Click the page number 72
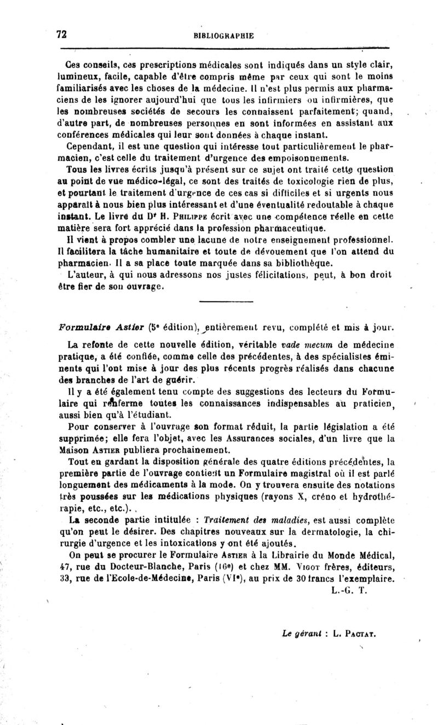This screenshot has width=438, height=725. [61, 34]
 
